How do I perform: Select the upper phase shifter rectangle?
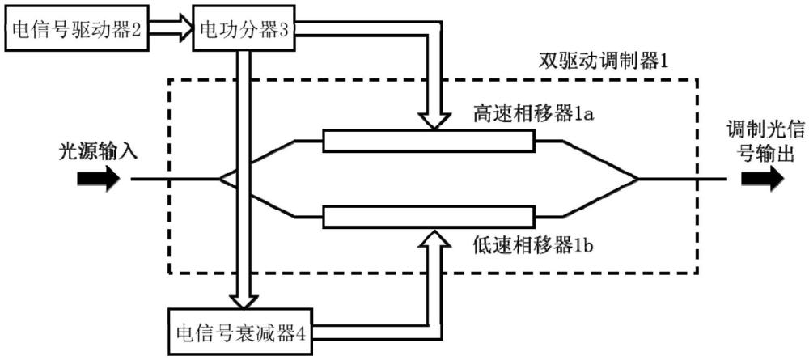[428, 142]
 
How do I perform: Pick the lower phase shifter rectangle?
[428, 217]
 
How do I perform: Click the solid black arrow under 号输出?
[763, 178]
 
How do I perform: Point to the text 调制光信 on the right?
[760, 129]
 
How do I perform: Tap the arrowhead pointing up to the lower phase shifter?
[434, 237]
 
